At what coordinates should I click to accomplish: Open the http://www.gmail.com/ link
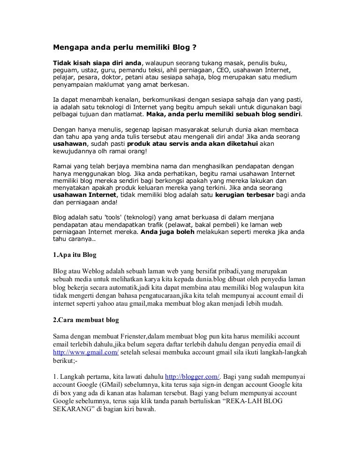pos(85,353)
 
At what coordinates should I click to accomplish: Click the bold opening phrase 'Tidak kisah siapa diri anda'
pos(97,62)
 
